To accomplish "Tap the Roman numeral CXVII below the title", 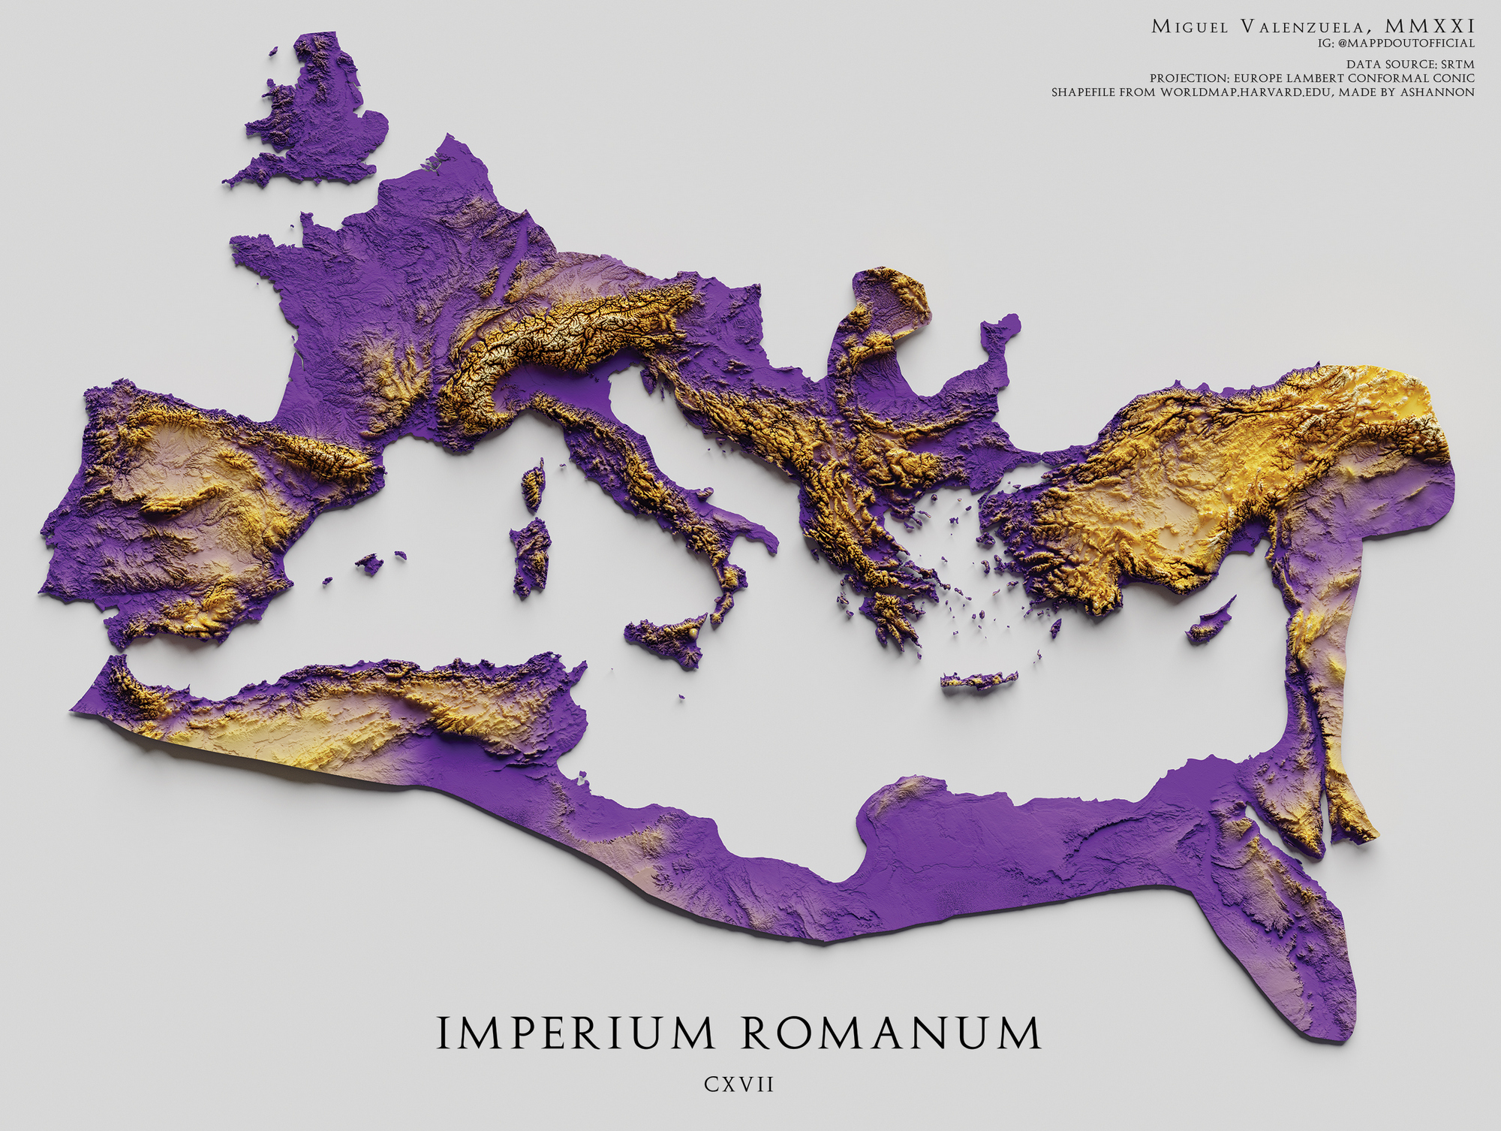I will point(738,1084).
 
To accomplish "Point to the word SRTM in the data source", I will point(1457,65).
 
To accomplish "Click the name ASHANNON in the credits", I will point(1436,92).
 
